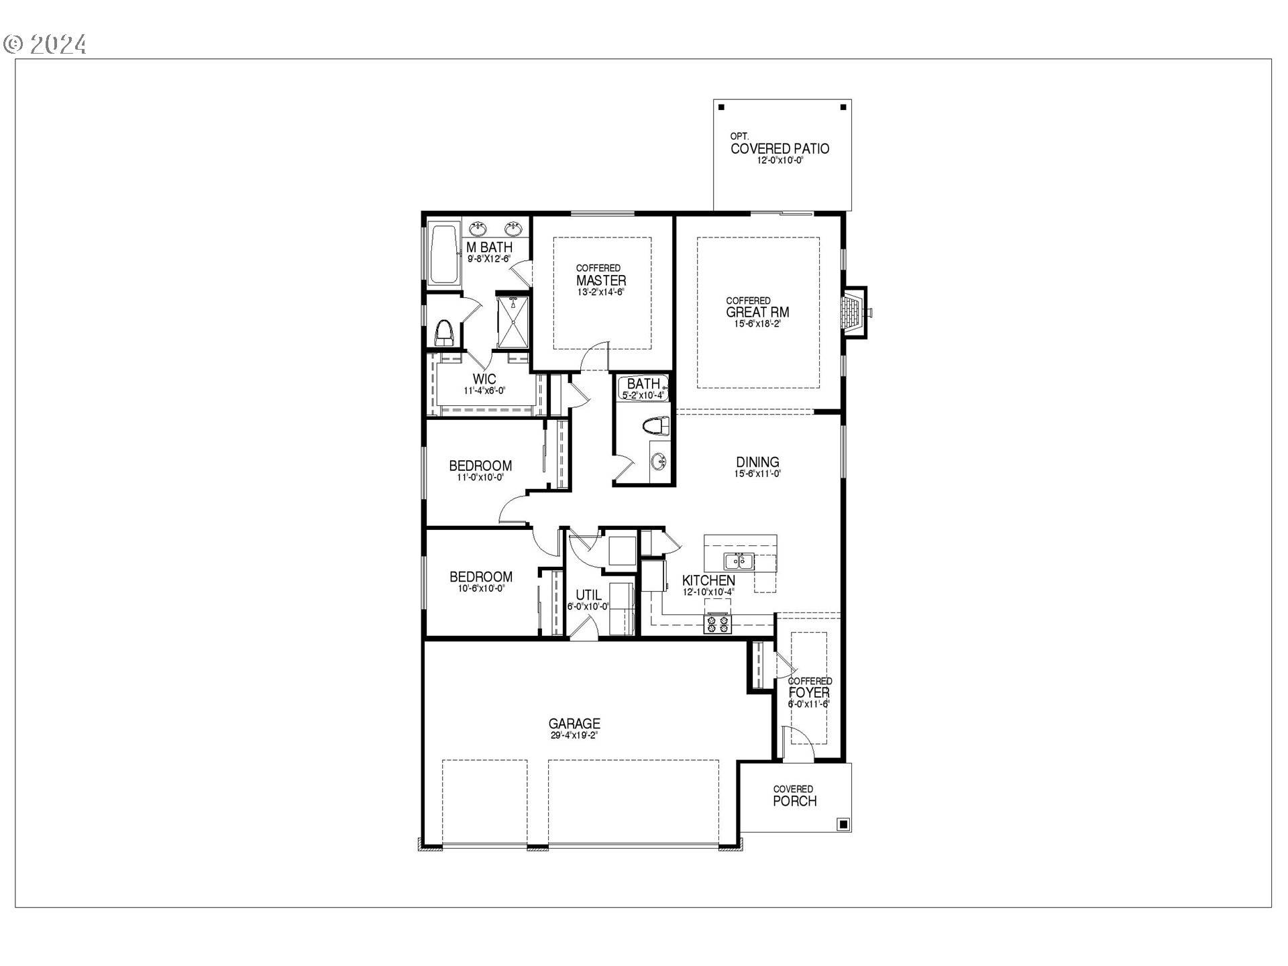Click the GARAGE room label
point(574,723)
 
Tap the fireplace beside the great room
point(853,311)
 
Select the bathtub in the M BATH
point(443,254)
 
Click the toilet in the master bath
point(445,332)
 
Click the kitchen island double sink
point(739,560)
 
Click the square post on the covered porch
point(843,824)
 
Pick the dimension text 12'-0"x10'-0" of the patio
point(780,161)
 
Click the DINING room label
point(757,462)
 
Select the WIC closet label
point(484,379)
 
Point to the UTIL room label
point(588,595)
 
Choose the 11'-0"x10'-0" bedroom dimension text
point(480,478)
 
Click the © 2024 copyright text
point(45,44)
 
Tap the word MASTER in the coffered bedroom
point(601,280)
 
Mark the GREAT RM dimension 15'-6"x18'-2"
point(757,323)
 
